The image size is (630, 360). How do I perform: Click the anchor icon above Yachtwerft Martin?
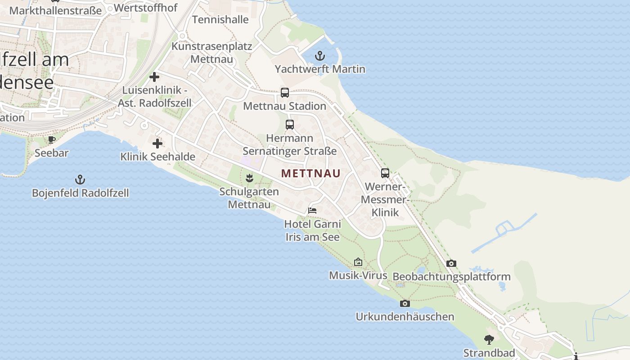tap(319, 56)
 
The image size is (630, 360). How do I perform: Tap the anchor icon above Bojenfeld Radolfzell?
tap(80, 180)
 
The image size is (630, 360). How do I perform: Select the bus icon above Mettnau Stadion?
tap(285, 93)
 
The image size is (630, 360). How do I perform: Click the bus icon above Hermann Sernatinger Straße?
tap(290, 125)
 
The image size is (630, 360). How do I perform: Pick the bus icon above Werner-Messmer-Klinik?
tap(385, 173)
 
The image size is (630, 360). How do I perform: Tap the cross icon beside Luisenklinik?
tap(154, 77)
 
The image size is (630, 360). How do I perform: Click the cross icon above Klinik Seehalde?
tap(157, 144)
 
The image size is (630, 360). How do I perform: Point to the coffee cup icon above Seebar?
tap(52, 139)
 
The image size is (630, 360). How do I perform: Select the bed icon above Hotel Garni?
tap(312, 210)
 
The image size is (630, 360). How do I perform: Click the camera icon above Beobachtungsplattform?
tap(451, 264)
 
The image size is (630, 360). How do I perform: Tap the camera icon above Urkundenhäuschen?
tap(405, 304)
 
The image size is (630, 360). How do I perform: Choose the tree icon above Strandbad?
tap(489, 340)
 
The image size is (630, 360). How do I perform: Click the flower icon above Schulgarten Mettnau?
tap(249, 178)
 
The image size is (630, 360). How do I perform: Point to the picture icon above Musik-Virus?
tap(358, 262)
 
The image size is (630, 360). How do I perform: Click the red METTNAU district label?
tap(311, 173)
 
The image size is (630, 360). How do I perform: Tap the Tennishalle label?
tap(220, 19)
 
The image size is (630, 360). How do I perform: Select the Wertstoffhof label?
tap(146, 8)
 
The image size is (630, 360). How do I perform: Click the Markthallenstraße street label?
tap(55, 10)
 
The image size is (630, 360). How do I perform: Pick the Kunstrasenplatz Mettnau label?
tap(212, 53)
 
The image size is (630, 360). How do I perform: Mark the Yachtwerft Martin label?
tap(320, 69)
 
